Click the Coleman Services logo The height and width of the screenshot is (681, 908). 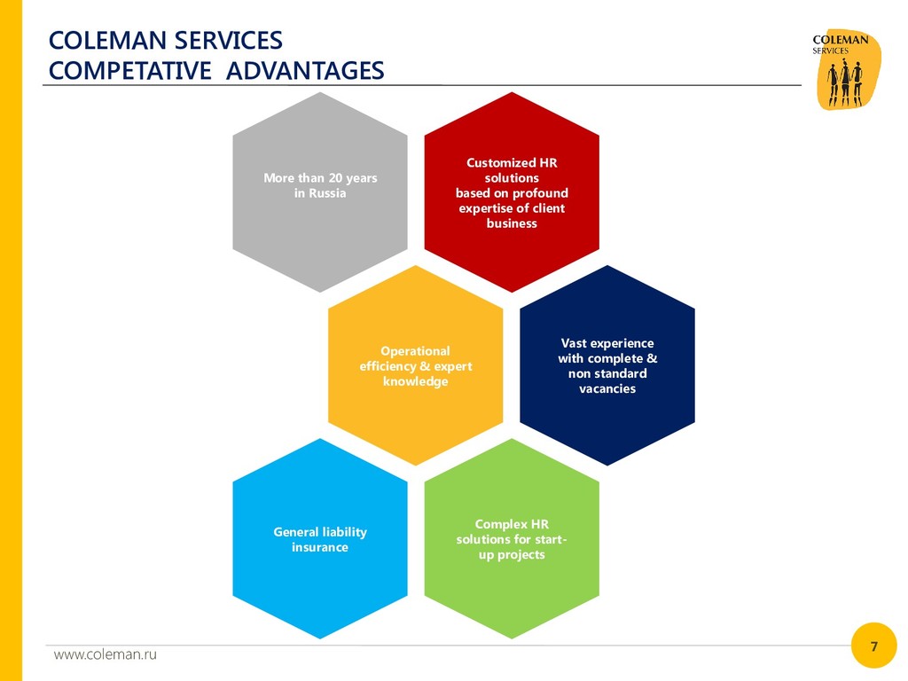click(x=847, y=69)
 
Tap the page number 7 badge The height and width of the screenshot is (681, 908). click(x=873, y=646)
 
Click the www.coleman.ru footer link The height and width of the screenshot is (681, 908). click(x=105, y=654)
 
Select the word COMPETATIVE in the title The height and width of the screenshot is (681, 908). click(x=129, y=71)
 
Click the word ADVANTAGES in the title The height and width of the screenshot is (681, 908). click(x=305, y=71)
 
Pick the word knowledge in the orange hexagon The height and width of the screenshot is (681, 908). click(x=416, y=381)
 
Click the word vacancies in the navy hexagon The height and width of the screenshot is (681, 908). click(x=607, y=388)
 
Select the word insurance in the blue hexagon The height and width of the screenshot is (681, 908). click(x=320, y=547)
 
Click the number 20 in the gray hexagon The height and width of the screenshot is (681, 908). click(x=335, y=178)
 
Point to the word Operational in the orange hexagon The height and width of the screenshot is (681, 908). click(x=416, y=351)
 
